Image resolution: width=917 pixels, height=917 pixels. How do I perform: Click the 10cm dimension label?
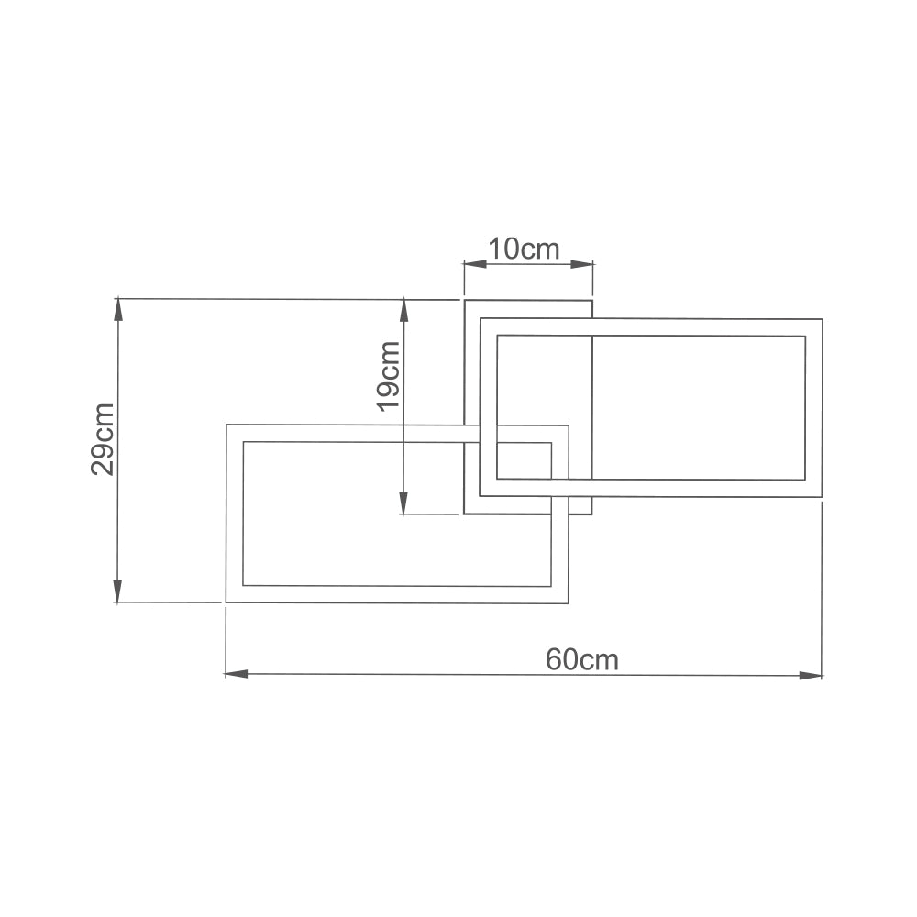pyautogui.click(x=523, y=249)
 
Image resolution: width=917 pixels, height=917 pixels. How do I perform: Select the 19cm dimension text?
pyautogui.click(x=389, y=376)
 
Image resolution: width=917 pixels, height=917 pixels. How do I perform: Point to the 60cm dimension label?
pyautogui.click(x=582, y=659)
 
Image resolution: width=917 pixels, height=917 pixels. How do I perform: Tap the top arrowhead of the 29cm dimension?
pyautogui.click(x=117, y=309)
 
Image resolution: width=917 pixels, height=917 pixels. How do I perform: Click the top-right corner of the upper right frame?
pyautogui.click(x=822, y=320)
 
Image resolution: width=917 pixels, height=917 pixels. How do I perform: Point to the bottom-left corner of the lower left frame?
pyautogui.click(x=226, y=602)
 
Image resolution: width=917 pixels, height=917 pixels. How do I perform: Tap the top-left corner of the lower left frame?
pyautogui.click(x=226, y=425)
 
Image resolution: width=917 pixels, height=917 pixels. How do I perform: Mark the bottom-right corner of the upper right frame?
pyautogui.click(x=822, y=497)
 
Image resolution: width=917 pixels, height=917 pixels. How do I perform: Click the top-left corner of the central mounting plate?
pyautogui.click(x=464, y=300)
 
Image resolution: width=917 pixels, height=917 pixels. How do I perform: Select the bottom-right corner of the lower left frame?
pyautogui.click(x=568, y=603)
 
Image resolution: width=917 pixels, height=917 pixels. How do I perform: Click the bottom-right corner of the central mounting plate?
pyautogui.click(x=592, y=514)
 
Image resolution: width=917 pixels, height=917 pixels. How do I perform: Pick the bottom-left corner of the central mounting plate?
pyautogui.click(x=464, y=514)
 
